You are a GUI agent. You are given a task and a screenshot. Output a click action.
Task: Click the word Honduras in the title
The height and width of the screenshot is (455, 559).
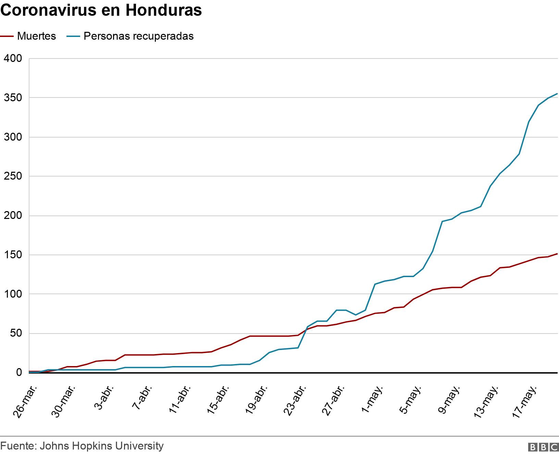[164, 10]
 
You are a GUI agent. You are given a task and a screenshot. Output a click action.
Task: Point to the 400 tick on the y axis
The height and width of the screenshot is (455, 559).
[13, 58]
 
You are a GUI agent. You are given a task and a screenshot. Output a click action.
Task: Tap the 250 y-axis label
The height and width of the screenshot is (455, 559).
[13, 177]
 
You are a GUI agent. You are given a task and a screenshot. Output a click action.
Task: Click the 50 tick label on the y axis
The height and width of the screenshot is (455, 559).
[16, 334]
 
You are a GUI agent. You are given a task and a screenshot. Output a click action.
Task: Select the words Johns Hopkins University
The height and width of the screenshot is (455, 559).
[102, 446]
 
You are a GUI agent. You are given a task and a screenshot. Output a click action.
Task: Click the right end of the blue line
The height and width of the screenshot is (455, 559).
[557, 93]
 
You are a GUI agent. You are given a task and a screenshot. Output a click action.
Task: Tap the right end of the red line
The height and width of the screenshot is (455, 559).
[557, 254]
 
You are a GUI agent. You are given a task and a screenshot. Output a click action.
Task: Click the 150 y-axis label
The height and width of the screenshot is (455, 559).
[13, 255]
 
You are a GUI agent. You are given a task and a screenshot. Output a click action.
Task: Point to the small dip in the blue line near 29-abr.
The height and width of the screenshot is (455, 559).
[356, 315]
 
